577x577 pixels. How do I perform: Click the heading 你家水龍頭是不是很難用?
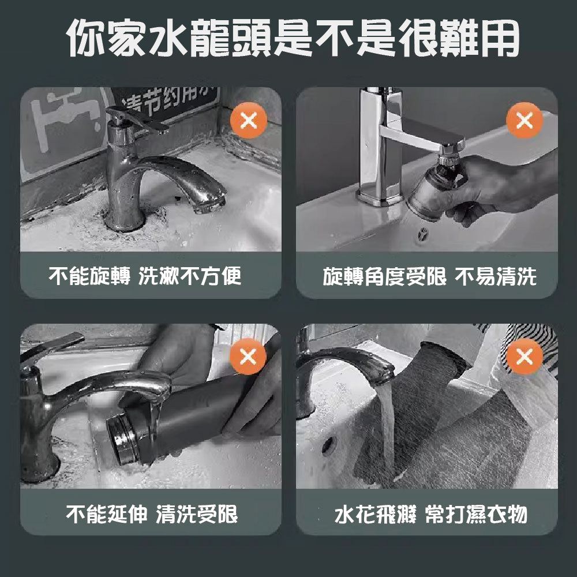coord(293,39)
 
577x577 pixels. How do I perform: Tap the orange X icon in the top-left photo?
coord(248,121)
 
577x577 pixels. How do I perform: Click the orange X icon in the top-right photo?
coord(524,121)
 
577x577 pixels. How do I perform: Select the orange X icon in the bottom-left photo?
coord(248,356)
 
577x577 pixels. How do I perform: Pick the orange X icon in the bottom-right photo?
coord(524,356)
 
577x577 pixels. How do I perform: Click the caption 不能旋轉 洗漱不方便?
coord(145,276)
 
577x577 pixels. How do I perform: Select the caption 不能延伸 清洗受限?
coord(152,514)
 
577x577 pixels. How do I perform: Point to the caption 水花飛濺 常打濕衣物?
coord(431,514)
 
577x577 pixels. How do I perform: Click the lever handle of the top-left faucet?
coord(138,119)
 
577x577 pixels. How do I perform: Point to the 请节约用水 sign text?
coord(169,100)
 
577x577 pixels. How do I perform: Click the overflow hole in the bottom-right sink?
coord(327,446)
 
